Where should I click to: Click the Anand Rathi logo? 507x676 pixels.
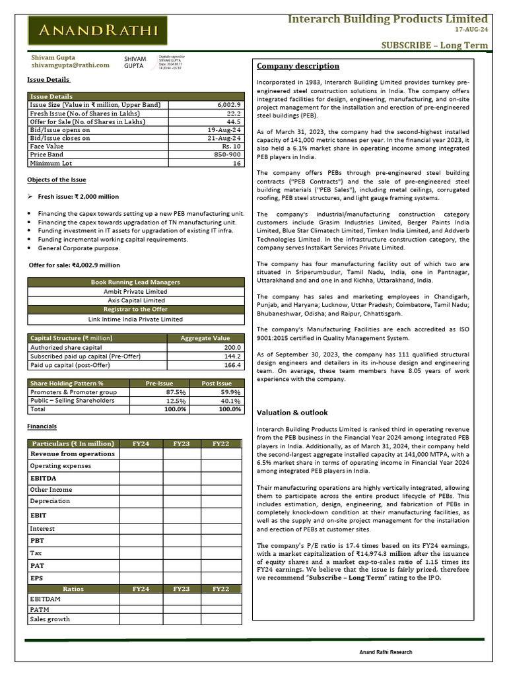tap(97, 30)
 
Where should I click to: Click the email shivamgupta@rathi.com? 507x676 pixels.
tap(71, 65)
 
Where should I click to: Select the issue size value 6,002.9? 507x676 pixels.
tap(229, 105)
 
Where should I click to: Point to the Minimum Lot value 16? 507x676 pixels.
tap(236, 163)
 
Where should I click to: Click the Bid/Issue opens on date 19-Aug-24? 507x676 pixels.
tap(224, 130)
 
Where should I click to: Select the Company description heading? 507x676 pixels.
tap(298, 66)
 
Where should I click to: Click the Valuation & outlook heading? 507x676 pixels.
tap(292, 413)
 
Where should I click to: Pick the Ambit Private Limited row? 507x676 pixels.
tap(135, 291)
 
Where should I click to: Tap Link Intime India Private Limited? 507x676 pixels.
tap(135, 319)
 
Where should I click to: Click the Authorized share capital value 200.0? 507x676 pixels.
tap(232, 347)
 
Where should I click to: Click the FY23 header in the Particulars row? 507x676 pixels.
tap(182, 444)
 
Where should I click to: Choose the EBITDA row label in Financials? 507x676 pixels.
tap(43, 477)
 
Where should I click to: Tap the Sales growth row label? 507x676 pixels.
tap(50, 619)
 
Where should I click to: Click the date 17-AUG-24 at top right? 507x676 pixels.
tap(471, 30)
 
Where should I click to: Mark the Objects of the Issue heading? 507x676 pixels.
tap(56, 180)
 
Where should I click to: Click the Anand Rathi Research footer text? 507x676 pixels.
tap(386, 652)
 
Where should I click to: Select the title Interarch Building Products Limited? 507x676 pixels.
tap(388, 18)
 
